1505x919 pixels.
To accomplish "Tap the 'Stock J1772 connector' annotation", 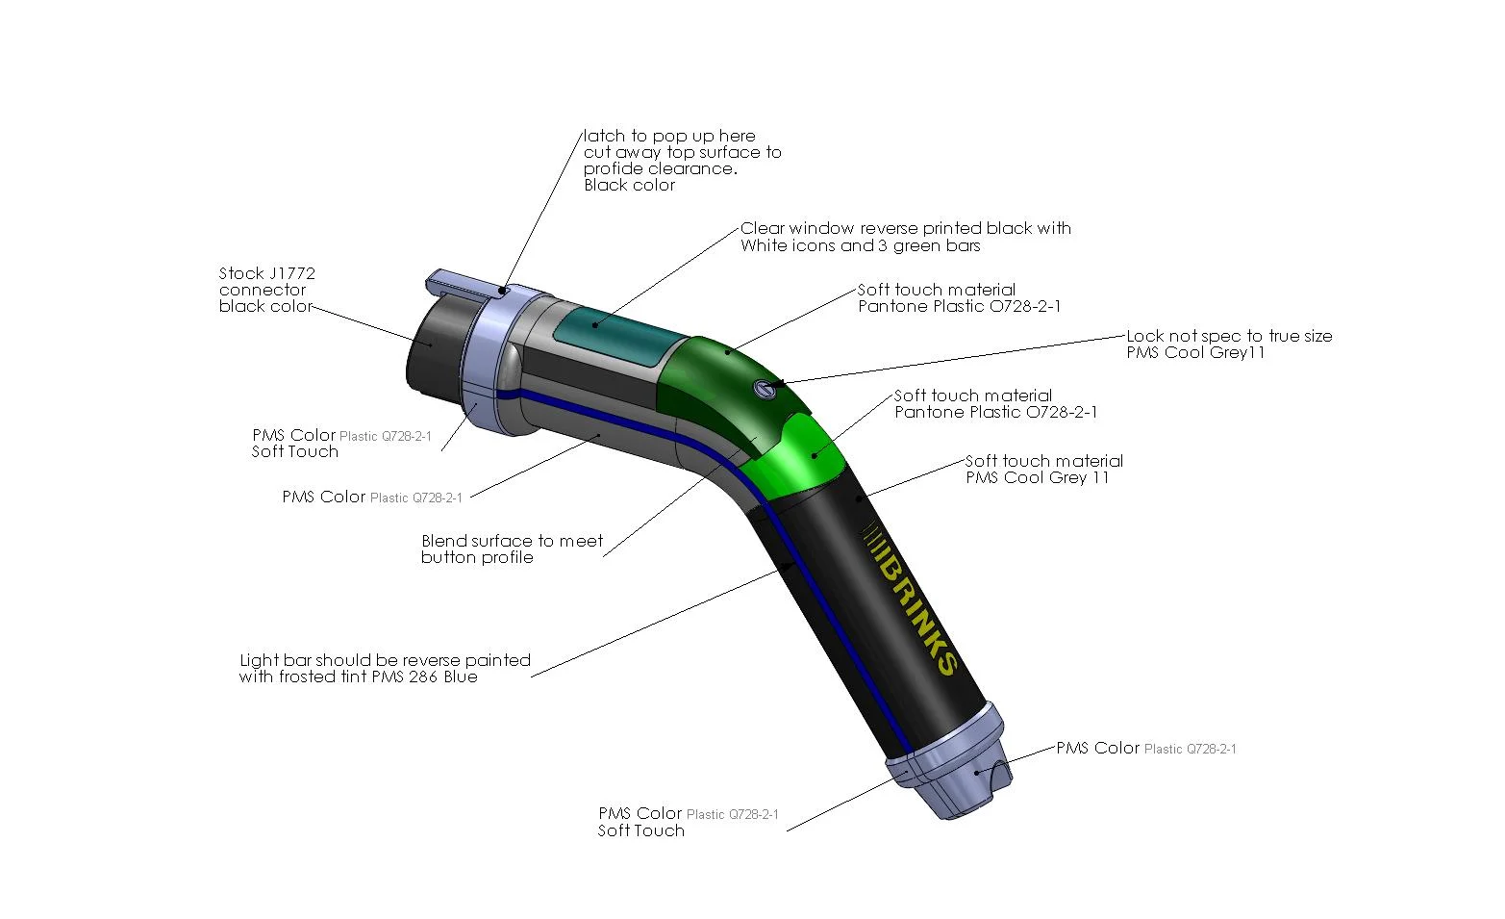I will [266, 290].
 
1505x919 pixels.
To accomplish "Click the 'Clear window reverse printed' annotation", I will [905, 229].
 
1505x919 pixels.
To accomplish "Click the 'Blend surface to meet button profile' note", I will [512, 549].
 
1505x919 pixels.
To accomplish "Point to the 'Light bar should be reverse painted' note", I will [385, 668].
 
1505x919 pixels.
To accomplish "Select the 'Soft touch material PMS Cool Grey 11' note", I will [1043, 470].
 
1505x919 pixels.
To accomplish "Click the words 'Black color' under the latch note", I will [629, 185].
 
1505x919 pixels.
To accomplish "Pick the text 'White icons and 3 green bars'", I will [860, 245].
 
